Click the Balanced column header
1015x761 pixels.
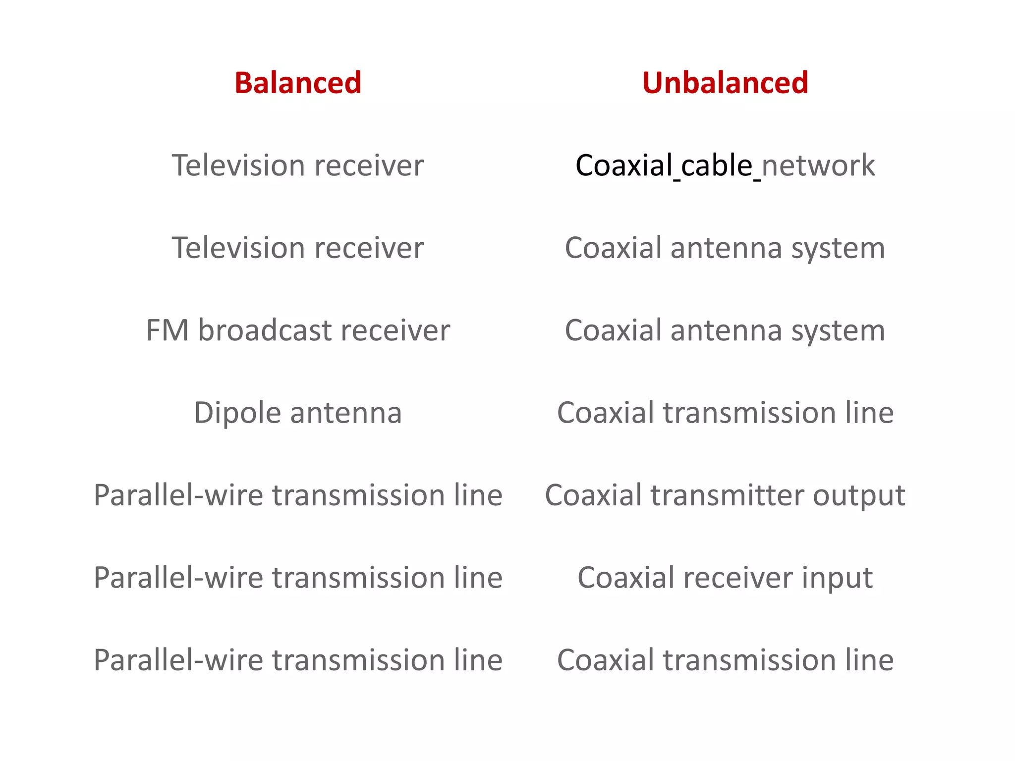pyautogui.click(x=298, y=83)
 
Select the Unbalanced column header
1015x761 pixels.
pyautogui.click(x=725, y=83)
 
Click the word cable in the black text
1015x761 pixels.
pyautogui.click(x=717, y=165)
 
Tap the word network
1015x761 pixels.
pyautogui.click(x=818, y=165)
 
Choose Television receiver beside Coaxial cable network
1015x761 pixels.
pyautogui.click(x=298, y=165)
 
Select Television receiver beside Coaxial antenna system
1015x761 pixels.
pyautogui.click(x=298, y=248)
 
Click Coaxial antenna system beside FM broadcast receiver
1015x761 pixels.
pyautogui.click(x=725, y=330)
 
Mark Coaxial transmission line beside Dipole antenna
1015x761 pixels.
pyautogui.click(x=725, y=413)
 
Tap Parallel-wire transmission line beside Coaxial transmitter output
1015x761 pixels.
pyautogui.click(x=298, y=495)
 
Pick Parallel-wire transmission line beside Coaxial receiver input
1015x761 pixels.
pyautogui.click(x=298, y=578)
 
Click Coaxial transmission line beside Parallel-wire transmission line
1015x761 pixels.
pyautogui.click(x=725, y=660)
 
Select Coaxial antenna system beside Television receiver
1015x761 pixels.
pyautogui.click(x=725, y=248)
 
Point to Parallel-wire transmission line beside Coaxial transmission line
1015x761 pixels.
pyautogui.click(x=298, y=660)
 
